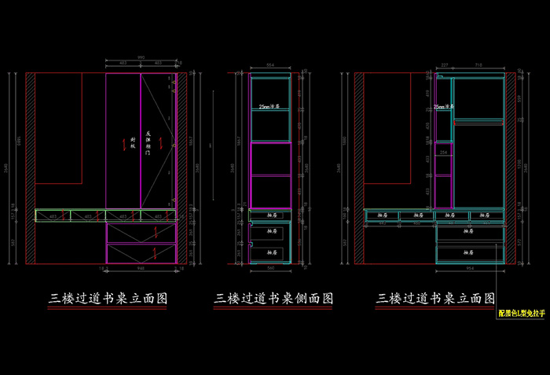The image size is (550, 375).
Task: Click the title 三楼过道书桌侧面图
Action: pos(274,300)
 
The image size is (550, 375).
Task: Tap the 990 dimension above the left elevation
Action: pos(141,57)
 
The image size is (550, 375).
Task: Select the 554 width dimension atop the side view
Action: pos(270,64)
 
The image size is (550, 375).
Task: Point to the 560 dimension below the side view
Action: pos(271,268)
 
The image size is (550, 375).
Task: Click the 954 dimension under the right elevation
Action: pos(470,268)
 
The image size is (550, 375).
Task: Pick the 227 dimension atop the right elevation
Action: pos(445,65)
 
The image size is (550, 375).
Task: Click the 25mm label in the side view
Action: pos(269,107)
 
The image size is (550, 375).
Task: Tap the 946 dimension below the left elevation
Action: pos(141,268)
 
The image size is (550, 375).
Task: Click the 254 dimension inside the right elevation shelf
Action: pos(443,152)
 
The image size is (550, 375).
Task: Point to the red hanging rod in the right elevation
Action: pos(478,121)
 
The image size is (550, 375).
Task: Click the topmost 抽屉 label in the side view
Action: pos(271,215)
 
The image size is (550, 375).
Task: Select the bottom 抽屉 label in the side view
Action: pos(271,252)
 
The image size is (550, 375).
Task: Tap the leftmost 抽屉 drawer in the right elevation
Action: pos(381,215)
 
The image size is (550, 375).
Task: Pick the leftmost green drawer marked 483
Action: pos(53,215)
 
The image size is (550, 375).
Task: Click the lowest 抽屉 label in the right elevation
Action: pos(470,252)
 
